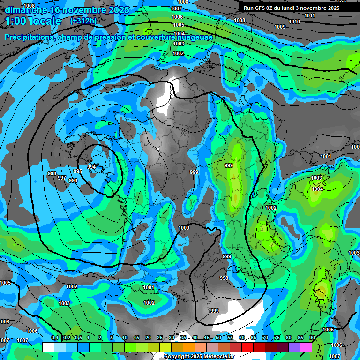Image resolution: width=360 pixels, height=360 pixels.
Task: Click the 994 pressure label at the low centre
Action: point(91,167)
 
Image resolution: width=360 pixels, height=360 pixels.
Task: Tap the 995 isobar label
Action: point(78,172)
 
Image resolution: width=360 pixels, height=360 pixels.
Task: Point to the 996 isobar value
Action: point(73,180)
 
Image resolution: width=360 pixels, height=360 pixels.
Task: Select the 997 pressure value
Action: point(62,178)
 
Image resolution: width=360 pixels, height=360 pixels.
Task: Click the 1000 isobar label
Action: point(184,228)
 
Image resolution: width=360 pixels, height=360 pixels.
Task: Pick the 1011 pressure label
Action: point(309,15)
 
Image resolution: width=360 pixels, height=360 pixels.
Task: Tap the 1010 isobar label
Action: point(294,22)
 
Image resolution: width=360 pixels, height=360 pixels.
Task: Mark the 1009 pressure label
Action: point(280,27)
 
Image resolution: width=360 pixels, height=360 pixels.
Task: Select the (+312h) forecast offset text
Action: point(83,21)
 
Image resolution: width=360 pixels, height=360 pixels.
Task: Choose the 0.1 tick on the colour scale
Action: point(54,337)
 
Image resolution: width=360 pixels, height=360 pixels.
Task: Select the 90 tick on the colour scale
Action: point(312,337)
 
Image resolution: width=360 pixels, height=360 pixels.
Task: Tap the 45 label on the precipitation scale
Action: point(207,337)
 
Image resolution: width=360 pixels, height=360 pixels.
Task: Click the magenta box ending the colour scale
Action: point(306,347)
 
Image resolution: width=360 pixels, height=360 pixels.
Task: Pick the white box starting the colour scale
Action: point(48,347)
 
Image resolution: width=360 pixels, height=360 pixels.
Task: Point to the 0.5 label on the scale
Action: point(78,337)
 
